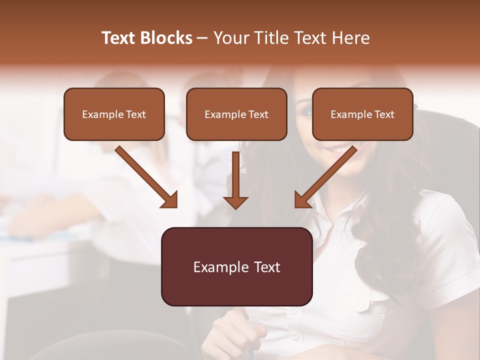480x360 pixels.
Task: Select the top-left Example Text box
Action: tap(114, 114)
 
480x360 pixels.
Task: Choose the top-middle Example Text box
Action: tap(236, 114)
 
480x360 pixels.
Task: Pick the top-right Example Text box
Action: tap(362, 114)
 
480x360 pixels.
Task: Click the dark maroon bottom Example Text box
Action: tap(236, 266)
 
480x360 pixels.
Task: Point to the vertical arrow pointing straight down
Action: tap(235, 180)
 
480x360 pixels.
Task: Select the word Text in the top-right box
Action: tap(384, 114)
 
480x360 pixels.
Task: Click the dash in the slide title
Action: tap(202, 38)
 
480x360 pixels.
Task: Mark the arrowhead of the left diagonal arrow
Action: tap(170, 200)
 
